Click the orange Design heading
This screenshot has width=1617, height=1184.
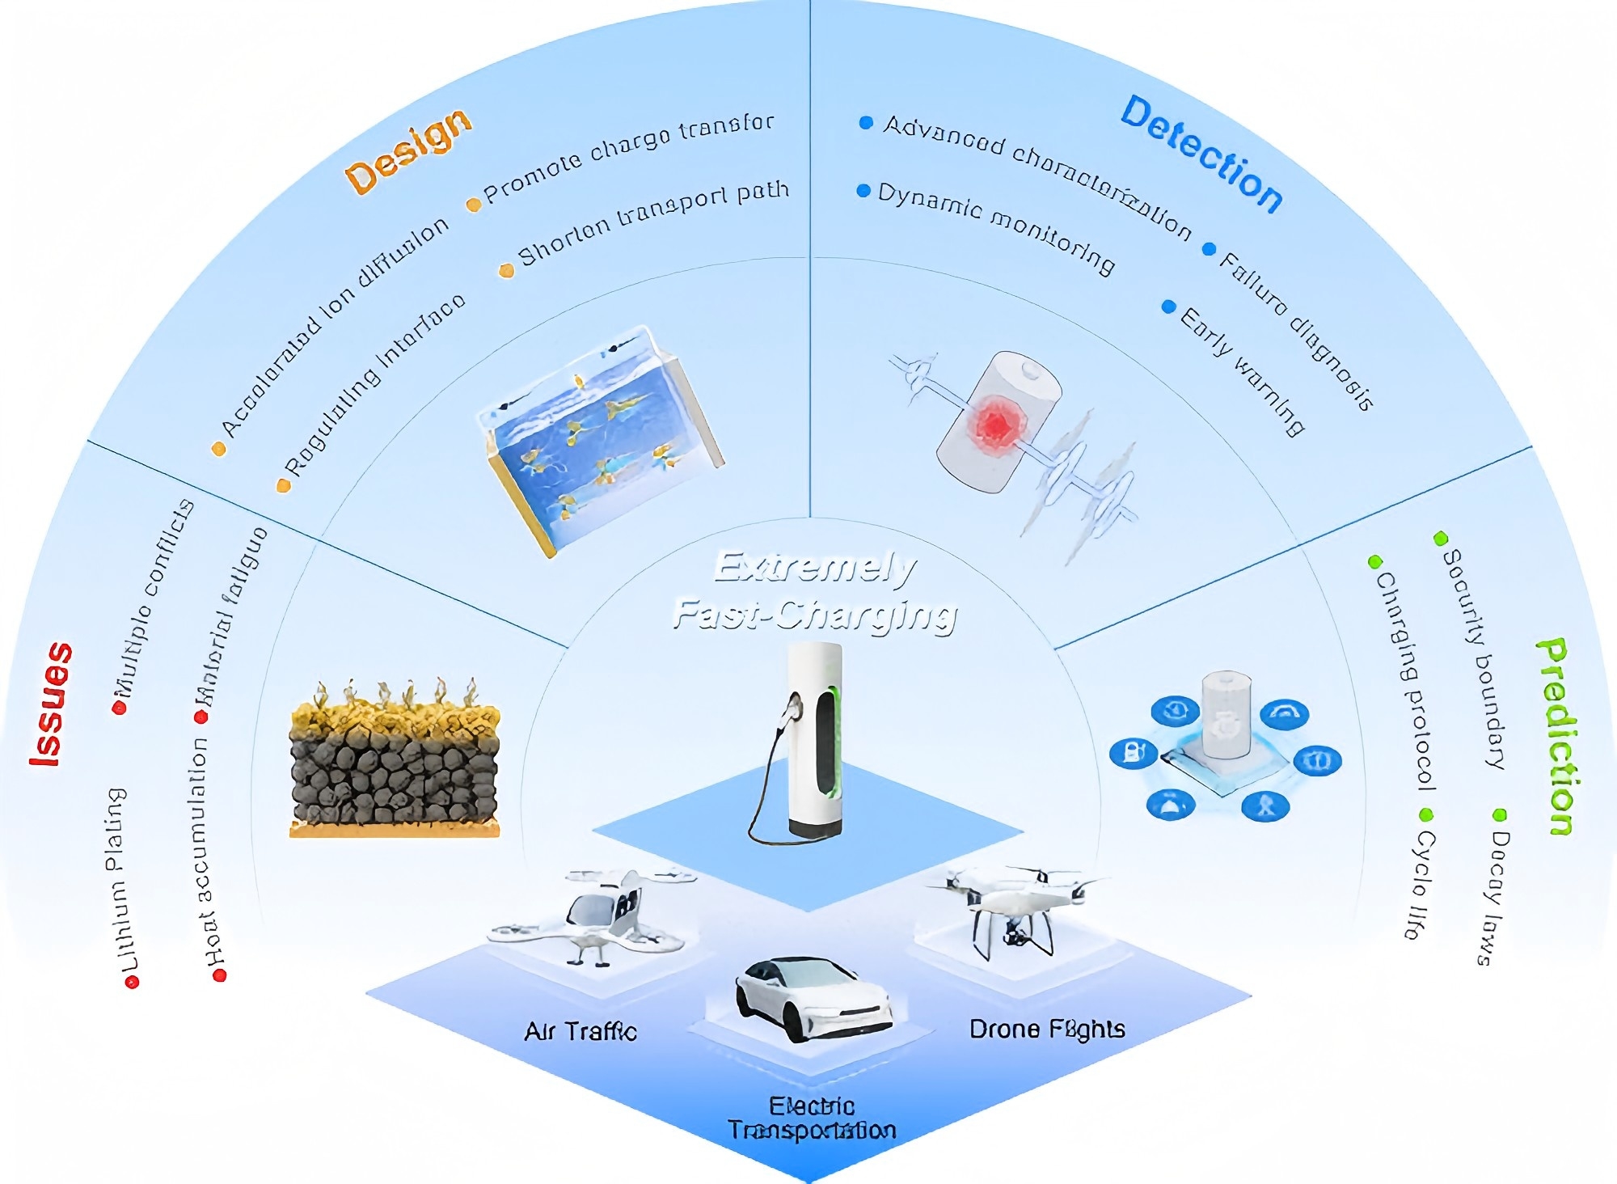coord(408,152)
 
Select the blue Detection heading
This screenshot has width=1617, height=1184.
coord(1201,154)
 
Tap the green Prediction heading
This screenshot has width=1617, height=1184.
coord(1557,736)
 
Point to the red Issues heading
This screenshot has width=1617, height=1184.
coord(52,704)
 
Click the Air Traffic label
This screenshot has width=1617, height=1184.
coord(581,1032)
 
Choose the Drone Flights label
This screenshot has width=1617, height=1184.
coord(1047,1030)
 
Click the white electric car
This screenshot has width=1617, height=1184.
coord(813,1000)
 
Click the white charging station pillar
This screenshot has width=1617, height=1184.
coord(815,740)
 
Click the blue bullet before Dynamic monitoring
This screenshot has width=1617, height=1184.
coord(863,191)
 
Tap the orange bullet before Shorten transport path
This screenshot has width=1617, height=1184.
coord(507,271)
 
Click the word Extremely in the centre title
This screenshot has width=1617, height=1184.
coord(815,568)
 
